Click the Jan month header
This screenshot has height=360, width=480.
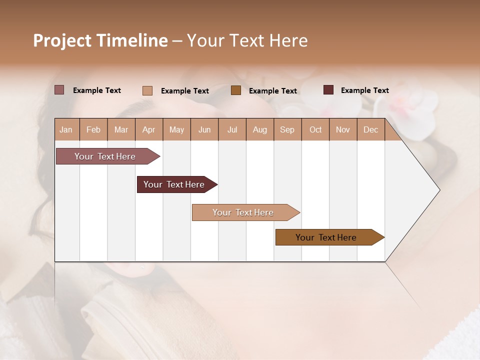click(x=66, y=129)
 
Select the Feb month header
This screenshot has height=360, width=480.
click(x=93, y=129)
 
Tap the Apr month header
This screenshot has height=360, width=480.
click(x=148, y=129)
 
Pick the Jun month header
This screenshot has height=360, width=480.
click(x=204, y=129)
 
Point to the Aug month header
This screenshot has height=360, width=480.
click(x=259, y=129)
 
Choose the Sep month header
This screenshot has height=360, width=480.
click(x=287, y=129)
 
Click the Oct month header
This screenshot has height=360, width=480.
click(x=315, y=129)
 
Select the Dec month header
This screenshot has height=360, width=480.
click(x=370, y=129)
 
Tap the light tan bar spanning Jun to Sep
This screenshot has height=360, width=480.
click(x=243, y=212)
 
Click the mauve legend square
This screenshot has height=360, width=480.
click(x=59, y=90)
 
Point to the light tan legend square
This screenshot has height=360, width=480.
click(x=147, y=90)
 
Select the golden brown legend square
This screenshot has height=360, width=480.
click(x=236, y=90)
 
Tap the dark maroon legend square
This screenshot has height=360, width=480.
click(x=328, y=90)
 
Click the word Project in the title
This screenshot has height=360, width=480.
click(x=62, y=40)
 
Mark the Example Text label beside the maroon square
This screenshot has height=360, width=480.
click(x=364, y=90)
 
